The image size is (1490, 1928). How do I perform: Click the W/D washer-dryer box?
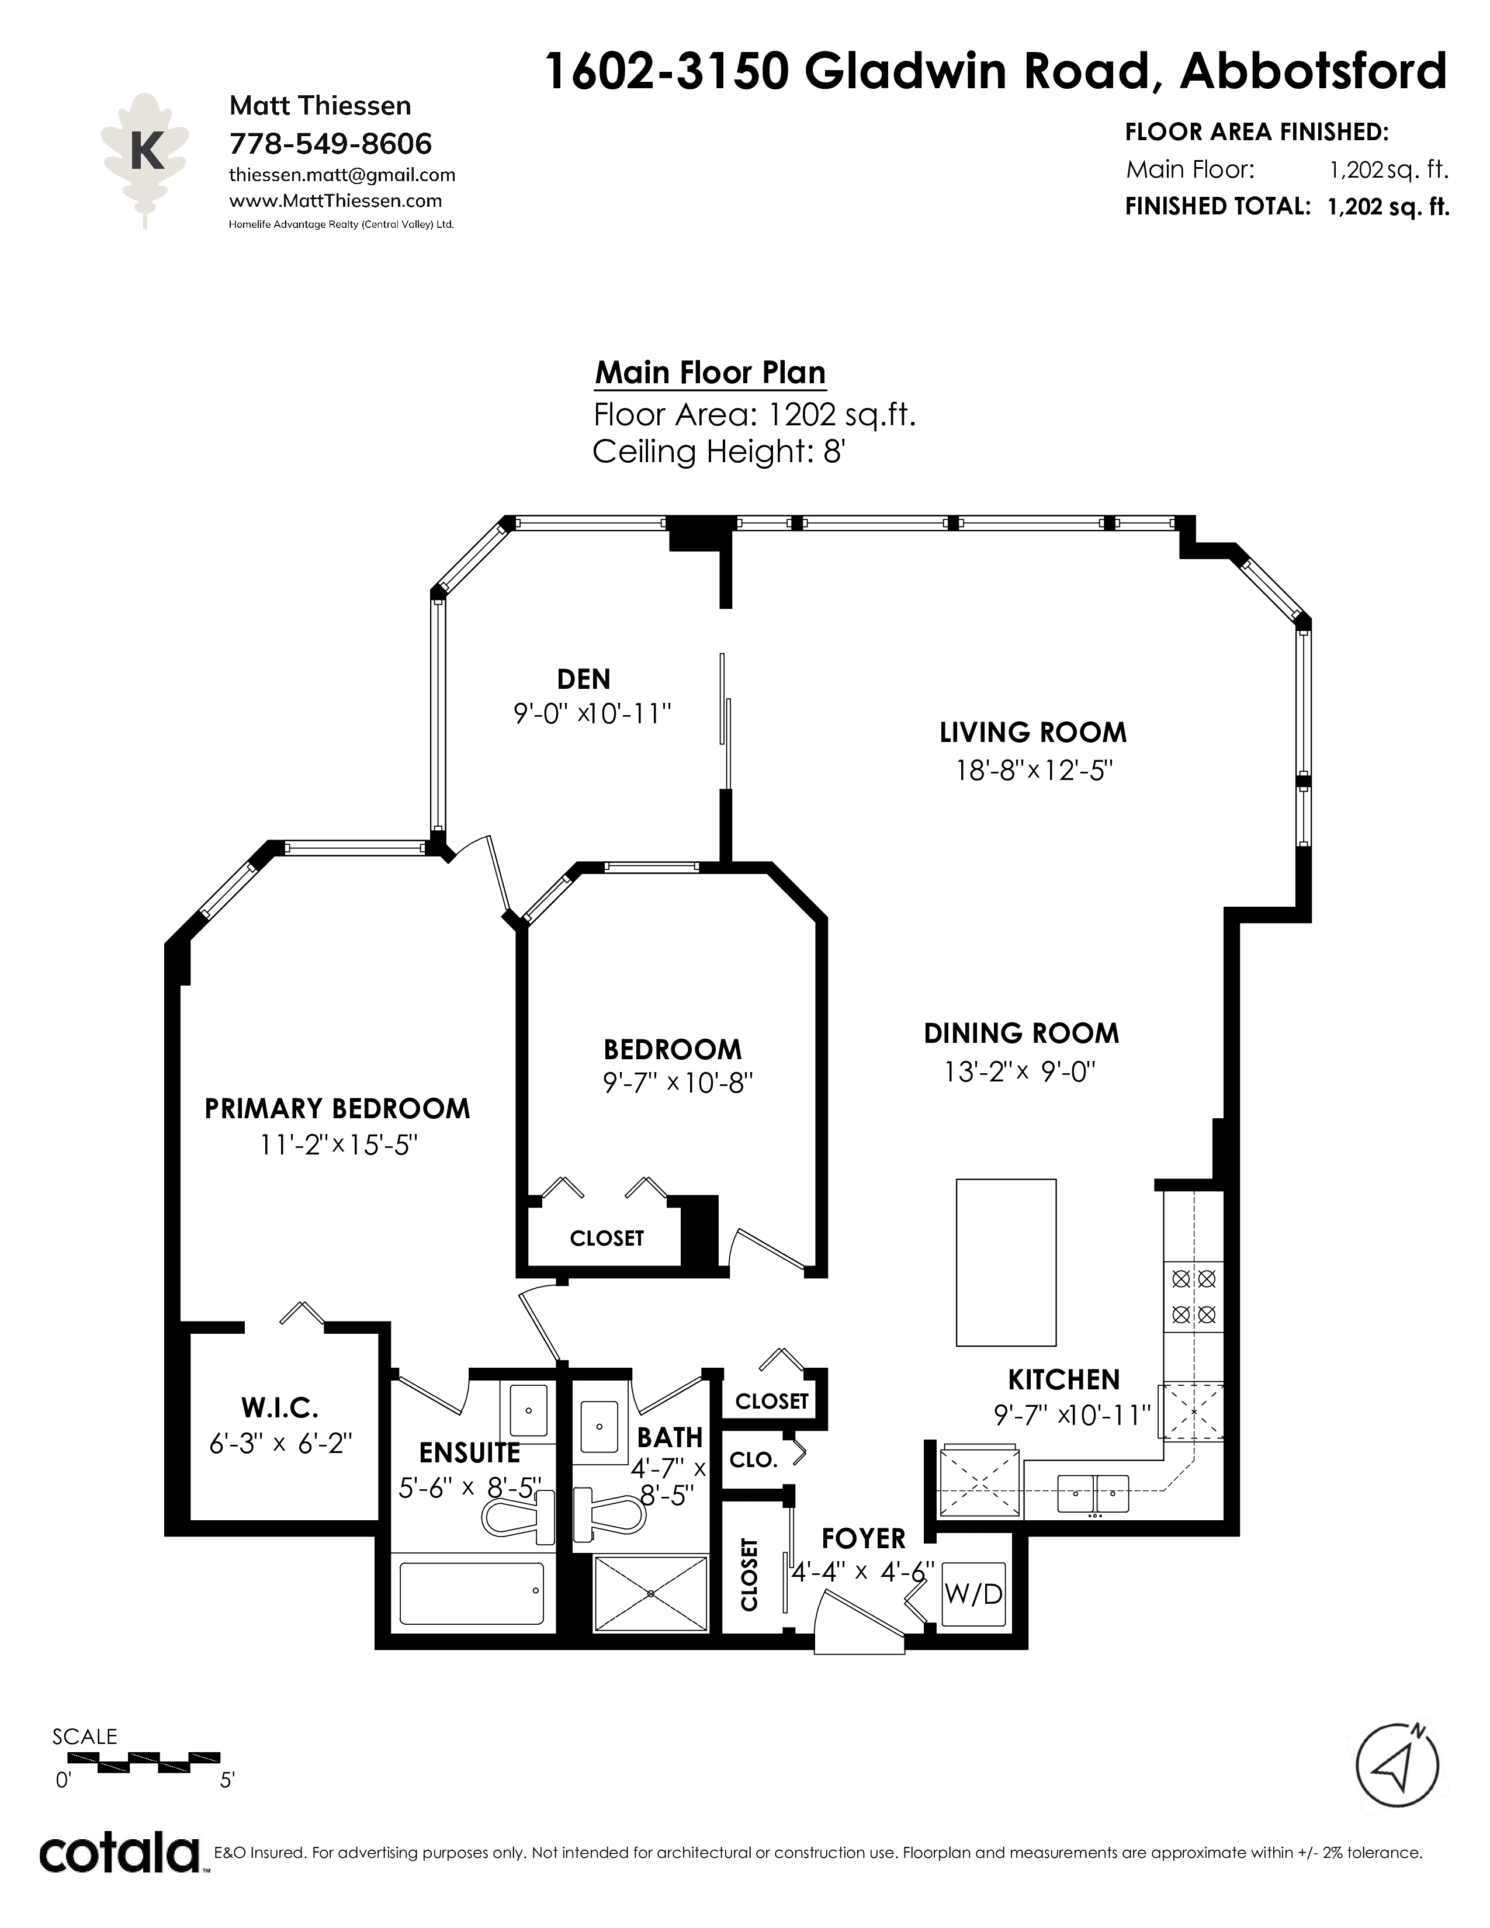click(x=973, y=1593)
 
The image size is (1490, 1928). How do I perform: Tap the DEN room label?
click(x=584, y=679)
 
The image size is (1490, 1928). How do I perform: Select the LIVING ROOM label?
click(x=1032, y=732)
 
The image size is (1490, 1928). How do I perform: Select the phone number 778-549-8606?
click(x=330, y=143)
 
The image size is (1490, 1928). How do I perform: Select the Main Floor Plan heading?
click(x=711, y=373)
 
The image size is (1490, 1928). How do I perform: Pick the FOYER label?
click(x=863, y=1539)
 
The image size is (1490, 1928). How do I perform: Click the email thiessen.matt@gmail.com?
click(x=342, y=175)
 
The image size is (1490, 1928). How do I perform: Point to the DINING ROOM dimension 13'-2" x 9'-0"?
click(x=1020, y=1072)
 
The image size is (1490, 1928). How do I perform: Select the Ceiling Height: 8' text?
click(x=719, y=452)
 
